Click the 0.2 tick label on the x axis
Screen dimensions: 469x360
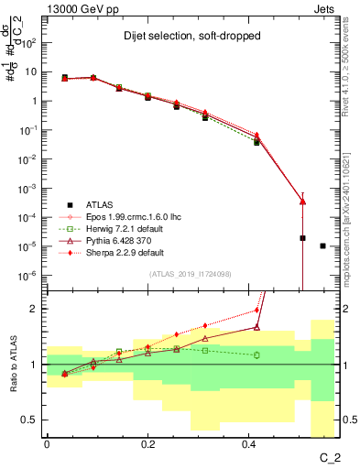coord(147,443)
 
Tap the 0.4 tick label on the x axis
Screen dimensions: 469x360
coord(248,443)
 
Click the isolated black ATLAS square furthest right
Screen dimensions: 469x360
coord(322,245)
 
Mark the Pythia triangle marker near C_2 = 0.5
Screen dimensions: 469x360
coord(302,202)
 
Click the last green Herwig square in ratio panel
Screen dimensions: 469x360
coord(256,354)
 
